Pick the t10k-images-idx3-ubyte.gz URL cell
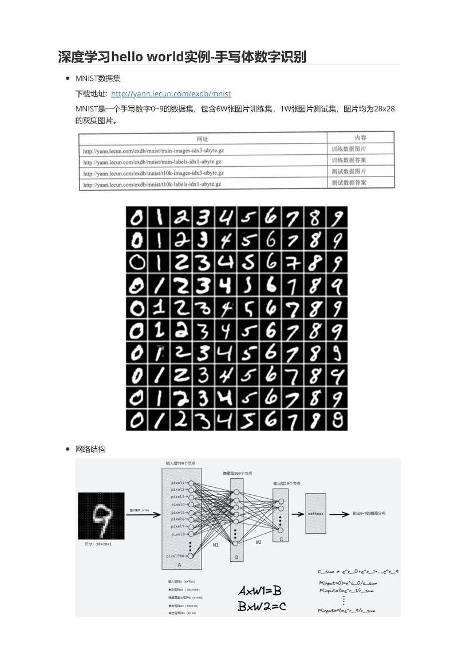click(x=153, y=173)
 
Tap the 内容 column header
click(x=360, y=138)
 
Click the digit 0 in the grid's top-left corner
click(x=137, y=217)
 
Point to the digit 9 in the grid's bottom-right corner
click(x=337, y=420)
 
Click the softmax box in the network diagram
click(x=315, y=513)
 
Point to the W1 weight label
click(x=216, y=545)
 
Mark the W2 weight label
click(x=258, y=542)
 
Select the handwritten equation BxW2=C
click(x=261, y=605)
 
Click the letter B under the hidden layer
click(x=237, y=557)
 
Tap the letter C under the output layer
click(x=281, y=539)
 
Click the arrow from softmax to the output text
click(x=339, y=514)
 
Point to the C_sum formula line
click(x=358, y=572)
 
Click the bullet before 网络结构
click(x=68, y=449)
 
